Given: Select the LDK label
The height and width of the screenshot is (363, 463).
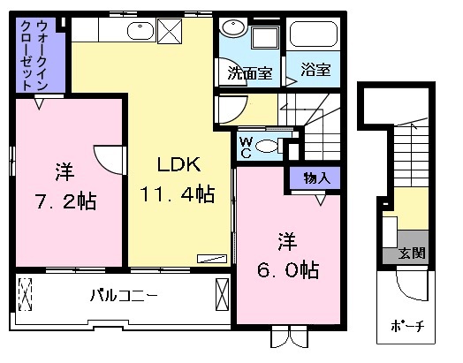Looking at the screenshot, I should click(180, 164).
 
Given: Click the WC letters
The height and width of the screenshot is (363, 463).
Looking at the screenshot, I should click(246, 146).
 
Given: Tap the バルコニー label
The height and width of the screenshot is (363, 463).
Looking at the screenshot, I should click(124, 293).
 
